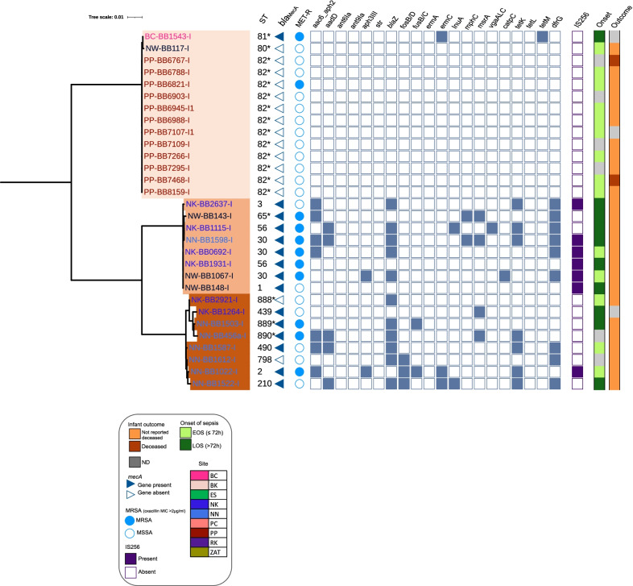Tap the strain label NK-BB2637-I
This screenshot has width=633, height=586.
pos(214,204)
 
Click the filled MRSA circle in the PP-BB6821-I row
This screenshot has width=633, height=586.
pos(300,85)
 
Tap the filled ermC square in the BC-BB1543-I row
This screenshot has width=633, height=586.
pos(441,37)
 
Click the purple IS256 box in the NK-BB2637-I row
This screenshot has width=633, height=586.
pos(577,204)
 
